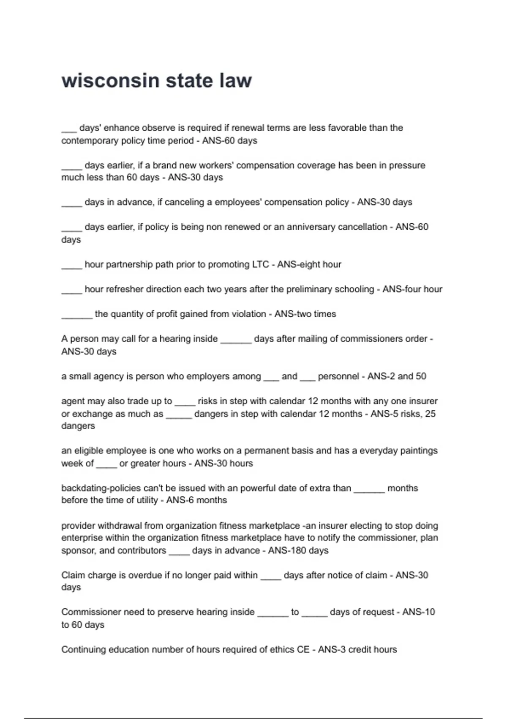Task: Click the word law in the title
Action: pos(235,80)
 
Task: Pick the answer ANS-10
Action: pos(418,612)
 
